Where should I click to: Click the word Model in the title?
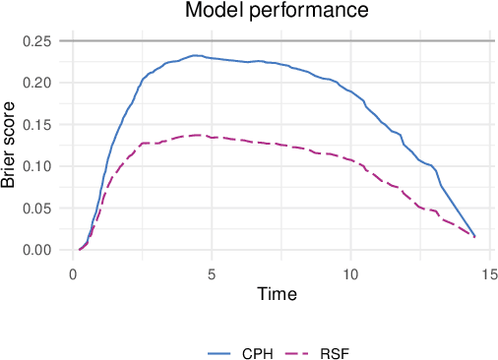pyautogui.click(x=212, y=12)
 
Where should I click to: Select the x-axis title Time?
pyautogui.click(x=277, y=294)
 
